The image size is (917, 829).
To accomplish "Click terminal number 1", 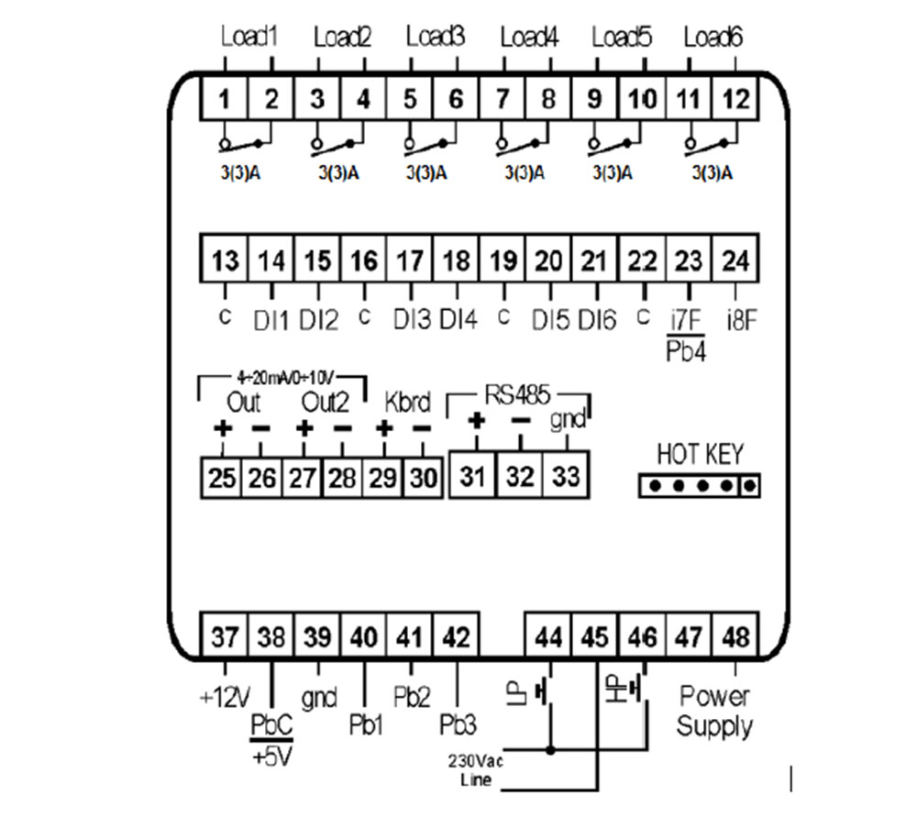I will pos(225,99).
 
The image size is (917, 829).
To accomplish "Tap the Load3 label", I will pos(436,38).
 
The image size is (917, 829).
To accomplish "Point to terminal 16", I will pos(364,261).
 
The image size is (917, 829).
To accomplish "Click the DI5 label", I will pos(551,320).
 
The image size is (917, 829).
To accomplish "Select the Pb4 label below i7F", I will pos(687,351).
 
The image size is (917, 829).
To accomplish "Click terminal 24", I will pos(735,261).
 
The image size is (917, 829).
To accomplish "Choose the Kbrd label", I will pos(407,403).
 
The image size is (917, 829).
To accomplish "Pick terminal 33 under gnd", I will pos(566,476).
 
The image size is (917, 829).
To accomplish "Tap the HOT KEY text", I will pos(700,454).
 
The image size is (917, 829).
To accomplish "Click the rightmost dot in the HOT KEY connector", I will pos(749,485).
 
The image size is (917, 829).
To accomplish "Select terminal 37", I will pos(225,636).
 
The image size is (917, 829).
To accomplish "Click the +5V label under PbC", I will pos(271,758).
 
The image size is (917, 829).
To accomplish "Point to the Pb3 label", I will pos(458,725).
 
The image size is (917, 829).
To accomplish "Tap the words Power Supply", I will pos(714,712).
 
